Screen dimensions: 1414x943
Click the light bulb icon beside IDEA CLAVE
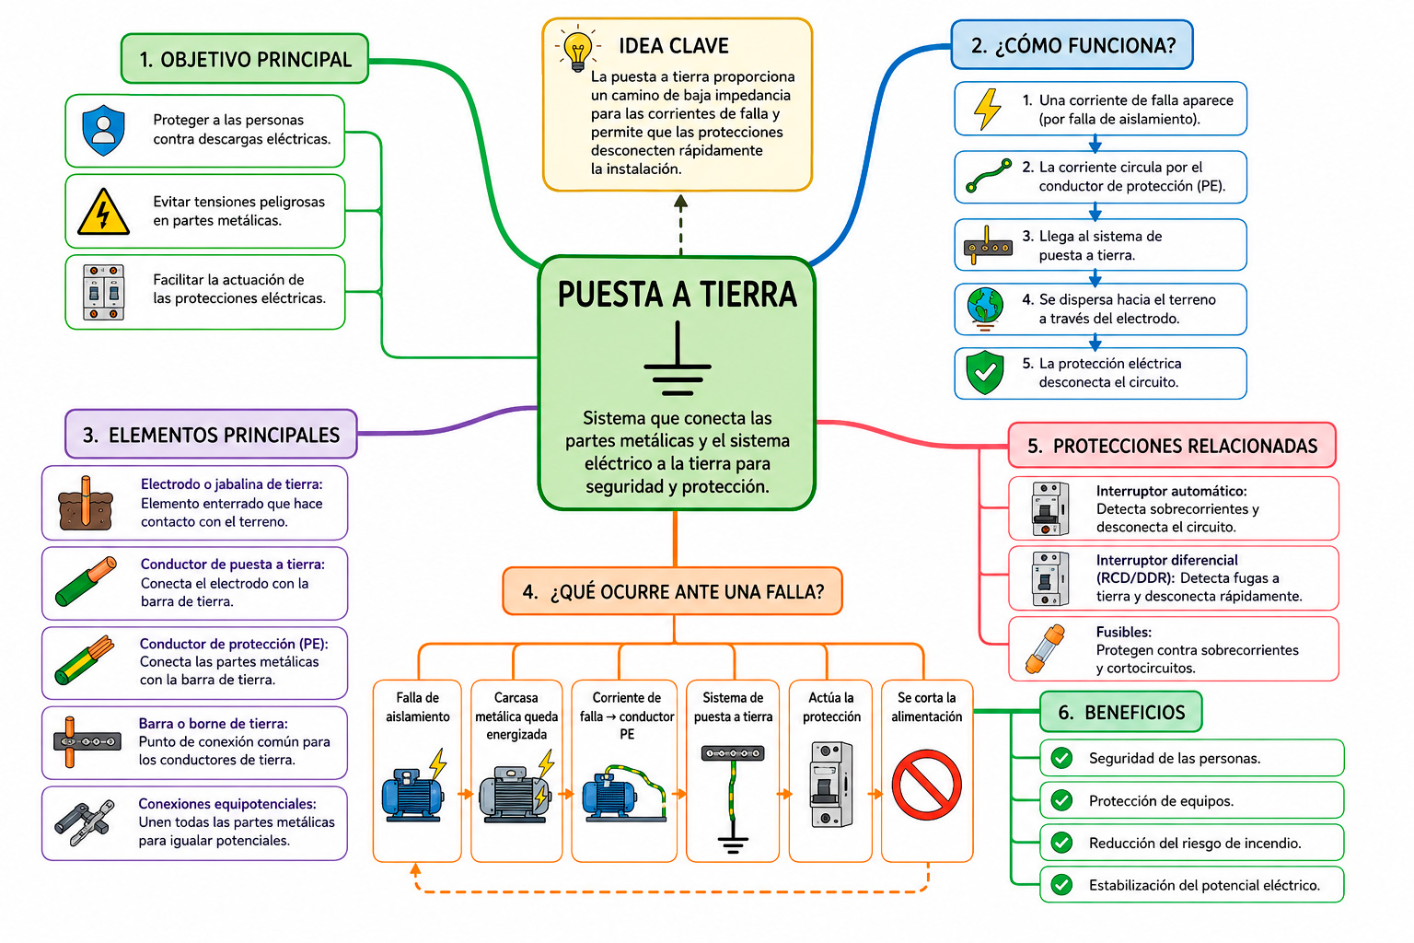[x=577, y=49]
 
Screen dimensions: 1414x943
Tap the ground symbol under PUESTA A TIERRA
[x=678, y=359]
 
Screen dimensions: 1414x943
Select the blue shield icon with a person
[x=103, y=130]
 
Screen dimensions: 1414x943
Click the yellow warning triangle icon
[x=103, y=212]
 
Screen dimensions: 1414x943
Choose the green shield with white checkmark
[x=985, y=373]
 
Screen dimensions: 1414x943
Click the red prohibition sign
[x=926, y=786]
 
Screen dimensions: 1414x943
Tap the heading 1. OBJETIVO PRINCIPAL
[x=245, y=59]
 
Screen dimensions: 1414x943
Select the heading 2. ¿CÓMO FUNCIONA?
[x=1073, y=45]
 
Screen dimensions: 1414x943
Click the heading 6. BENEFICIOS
[x=1122, y=713]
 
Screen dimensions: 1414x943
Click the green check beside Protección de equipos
[x=1061, y=800]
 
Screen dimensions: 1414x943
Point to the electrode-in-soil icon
[x=86, y=503]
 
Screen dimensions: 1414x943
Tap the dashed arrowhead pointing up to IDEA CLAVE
[x=680, y=202]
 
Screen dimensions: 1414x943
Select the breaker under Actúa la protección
[x=830, y=786]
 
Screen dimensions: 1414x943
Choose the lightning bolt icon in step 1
[x=987, y=109]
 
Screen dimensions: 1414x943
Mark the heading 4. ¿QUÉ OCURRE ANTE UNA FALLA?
[x=673, y=592]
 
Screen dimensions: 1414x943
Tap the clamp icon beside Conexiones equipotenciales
[x=86, y=823]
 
